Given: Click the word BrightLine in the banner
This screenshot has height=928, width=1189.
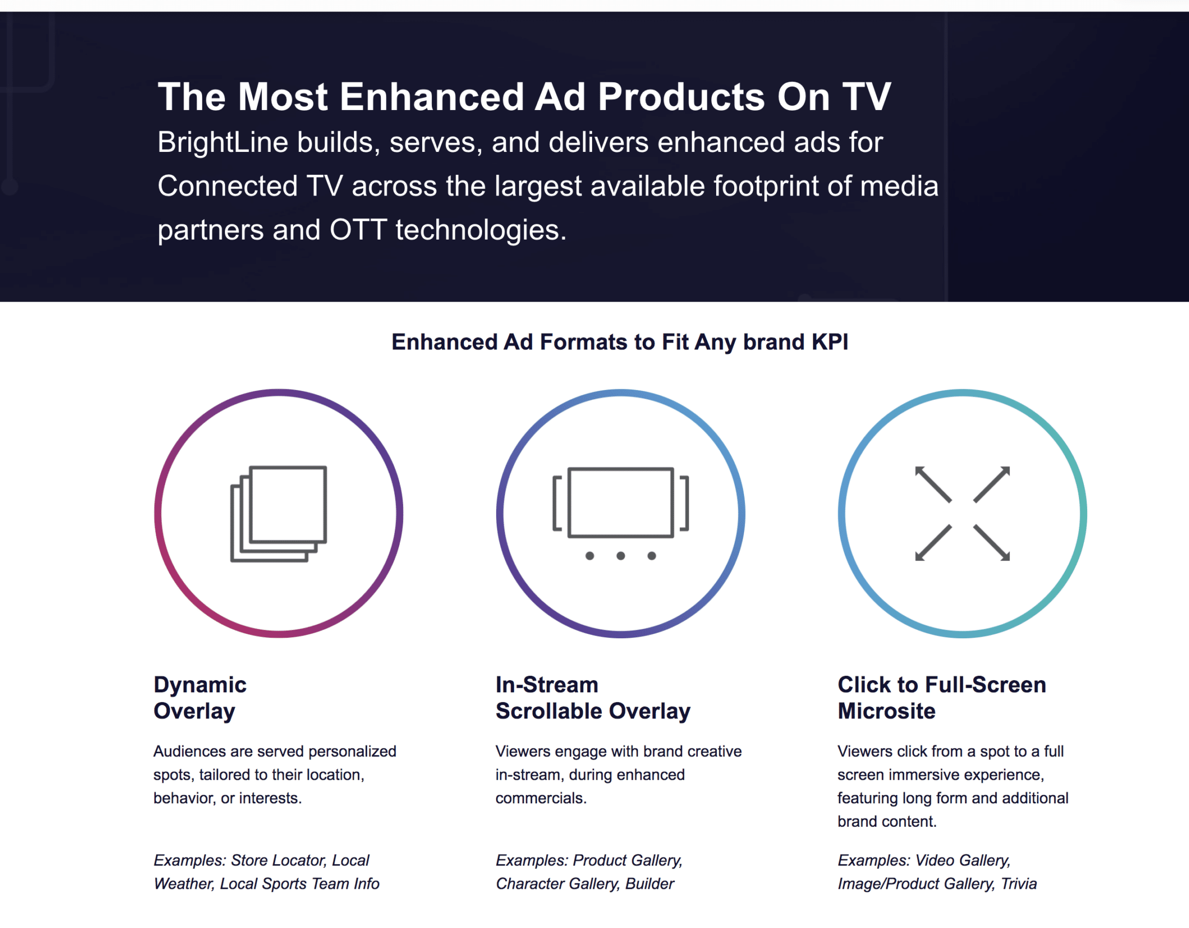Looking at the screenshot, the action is click(223, 143).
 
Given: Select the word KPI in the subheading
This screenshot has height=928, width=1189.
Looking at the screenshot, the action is click(830, 342).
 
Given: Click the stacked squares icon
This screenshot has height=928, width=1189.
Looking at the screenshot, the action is click(279, 514).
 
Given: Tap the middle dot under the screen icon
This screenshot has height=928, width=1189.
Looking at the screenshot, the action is click(620, 556).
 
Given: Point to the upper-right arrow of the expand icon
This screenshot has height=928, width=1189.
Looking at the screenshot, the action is click(991, 484).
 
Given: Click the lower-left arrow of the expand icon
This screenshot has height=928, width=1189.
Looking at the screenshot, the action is click(934, 542).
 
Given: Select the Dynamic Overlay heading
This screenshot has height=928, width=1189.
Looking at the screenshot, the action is click(200, 698).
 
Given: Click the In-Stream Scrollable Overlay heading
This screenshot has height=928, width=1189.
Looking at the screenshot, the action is click(593, 698).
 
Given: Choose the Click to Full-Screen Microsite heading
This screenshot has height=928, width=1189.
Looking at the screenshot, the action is click(942, 698).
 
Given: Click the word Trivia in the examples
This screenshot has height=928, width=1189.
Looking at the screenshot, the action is click(1019, 884).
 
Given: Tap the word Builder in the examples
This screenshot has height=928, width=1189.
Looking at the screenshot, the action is click(650, 884).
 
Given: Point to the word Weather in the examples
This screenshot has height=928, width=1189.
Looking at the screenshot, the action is click(184, 884).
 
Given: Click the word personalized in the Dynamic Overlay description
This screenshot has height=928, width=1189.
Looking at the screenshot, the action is click(352, 752).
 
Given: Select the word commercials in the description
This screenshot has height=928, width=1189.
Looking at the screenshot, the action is click(541, 798).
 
